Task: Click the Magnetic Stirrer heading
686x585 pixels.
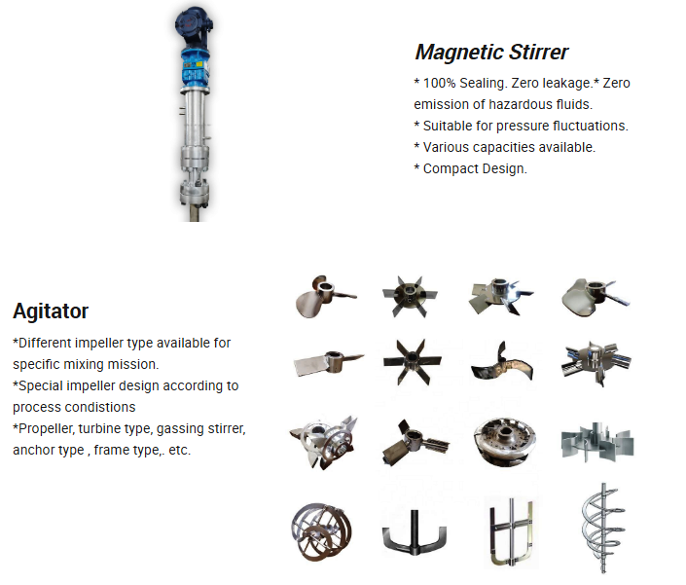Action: pyautogui.click(x=491, y=52)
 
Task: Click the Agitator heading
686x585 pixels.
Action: pyautogui.click(x=51, y=311)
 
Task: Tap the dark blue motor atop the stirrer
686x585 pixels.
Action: pyautogui.click(x=194, y=27)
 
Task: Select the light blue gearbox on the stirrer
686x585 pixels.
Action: pyautogui.click(x=195, y=68)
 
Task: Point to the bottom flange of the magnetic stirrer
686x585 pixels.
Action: pyautogui.click(x=195, y=194)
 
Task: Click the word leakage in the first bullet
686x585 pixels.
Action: pyautogui.click(x=567, y=83)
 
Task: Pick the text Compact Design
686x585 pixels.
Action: pyautogui.click(x=475, y=168)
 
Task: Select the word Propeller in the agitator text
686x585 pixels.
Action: pyautogui.click(x=46, y=428)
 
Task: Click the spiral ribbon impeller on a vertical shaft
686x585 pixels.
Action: pyautogui.click(x=603, y=529)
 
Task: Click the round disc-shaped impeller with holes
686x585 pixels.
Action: pyautogui.click(x=505, y=440)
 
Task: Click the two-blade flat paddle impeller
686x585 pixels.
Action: pyautogui.click(x=329, y=362)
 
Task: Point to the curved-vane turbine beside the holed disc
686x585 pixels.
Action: pyautogui.click(x=597, y=442)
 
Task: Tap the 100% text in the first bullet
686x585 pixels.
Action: pyautogui.click(x=439, y=83)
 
